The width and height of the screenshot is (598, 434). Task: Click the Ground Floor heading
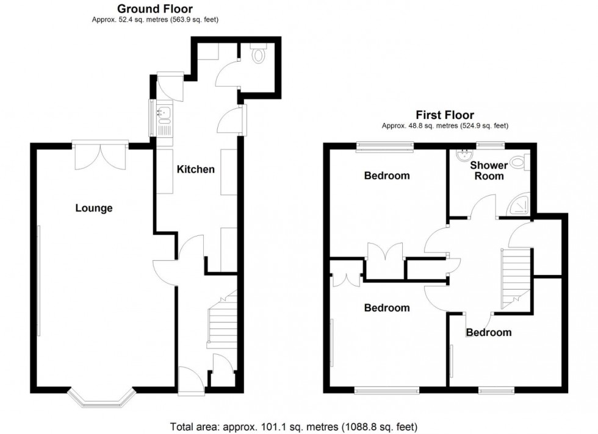tap(154, 9)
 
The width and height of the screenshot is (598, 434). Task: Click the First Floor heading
tap(445, 115)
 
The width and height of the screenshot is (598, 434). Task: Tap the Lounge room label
tap(94, 208)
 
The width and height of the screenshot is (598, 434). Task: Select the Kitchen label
tap(195, 169)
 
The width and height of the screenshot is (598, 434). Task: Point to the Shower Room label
tap(489, 170)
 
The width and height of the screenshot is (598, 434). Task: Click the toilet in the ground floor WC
tap(259, 55)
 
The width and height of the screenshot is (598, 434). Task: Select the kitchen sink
tap(165, 113)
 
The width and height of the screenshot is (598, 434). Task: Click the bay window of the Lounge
tap(101, 397)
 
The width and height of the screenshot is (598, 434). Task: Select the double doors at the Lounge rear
tap(101, 156)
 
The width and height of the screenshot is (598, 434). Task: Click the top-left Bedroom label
tap(387, 176)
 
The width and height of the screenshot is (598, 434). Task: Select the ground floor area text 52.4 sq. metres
tap(154, 20)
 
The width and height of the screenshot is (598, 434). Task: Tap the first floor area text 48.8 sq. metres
tap(445, 126)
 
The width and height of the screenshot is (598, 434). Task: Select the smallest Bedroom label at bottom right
tap(488, 332)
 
